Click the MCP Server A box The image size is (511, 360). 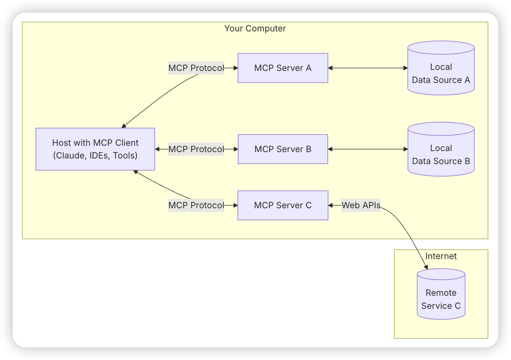283,68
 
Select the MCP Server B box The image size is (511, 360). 283,149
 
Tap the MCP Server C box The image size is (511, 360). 283,205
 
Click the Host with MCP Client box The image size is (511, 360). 95,149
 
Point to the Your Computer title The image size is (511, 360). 255,29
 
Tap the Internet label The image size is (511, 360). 441,256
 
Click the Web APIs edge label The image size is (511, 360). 361,205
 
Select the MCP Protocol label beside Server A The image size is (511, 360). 196,68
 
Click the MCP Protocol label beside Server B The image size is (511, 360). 196,149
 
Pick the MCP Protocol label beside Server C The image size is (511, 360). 196,205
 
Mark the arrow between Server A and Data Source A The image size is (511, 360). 368,68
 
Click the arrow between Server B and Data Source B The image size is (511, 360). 368,149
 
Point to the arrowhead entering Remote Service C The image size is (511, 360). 426,268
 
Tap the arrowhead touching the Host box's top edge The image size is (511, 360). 124,126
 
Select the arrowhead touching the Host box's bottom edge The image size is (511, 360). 135,172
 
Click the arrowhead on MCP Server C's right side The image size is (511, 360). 330,205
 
